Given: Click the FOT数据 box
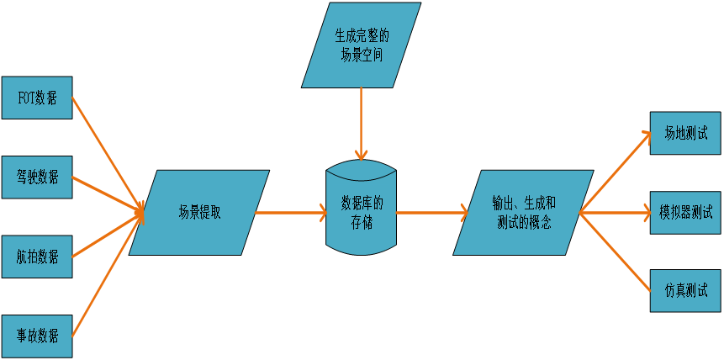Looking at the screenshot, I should (37, 98).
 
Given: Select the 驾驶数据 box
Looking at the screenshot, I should (37, 177).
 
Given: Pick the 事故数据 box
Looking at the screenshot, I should (37, 336).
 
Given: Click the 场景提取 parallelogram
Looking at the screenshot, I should (199, 213).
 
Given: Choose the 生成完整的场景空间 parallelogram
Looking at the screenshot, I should (362, 45).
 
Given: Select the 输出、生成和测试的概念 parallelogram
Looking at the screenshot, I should (523, 213).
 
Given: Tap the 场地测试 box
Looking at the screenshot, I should (685, 133).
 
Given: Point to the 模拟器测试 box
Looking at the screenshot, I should (685, 212).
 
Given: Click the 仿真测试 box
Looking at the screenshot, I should (685, 291).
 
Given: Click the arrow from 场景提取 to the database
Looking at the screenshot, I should (290, 213).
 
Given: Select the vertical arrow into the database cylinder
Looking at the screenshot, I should (361, 122).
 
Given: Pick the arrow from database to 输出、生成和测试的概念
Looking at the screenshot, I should (431, 213).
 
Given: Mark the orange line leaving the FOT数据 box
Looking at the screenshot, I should (105, 151).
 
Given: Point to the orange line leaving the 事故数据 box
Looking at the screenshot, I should (105, 273).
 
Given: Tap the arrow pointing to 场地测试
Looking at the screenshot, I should (616, 172).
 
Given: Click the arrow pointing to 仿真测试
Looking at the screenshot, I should (616, 252).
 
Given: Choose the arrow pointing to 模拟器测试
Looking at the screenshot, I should (616, 213).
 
